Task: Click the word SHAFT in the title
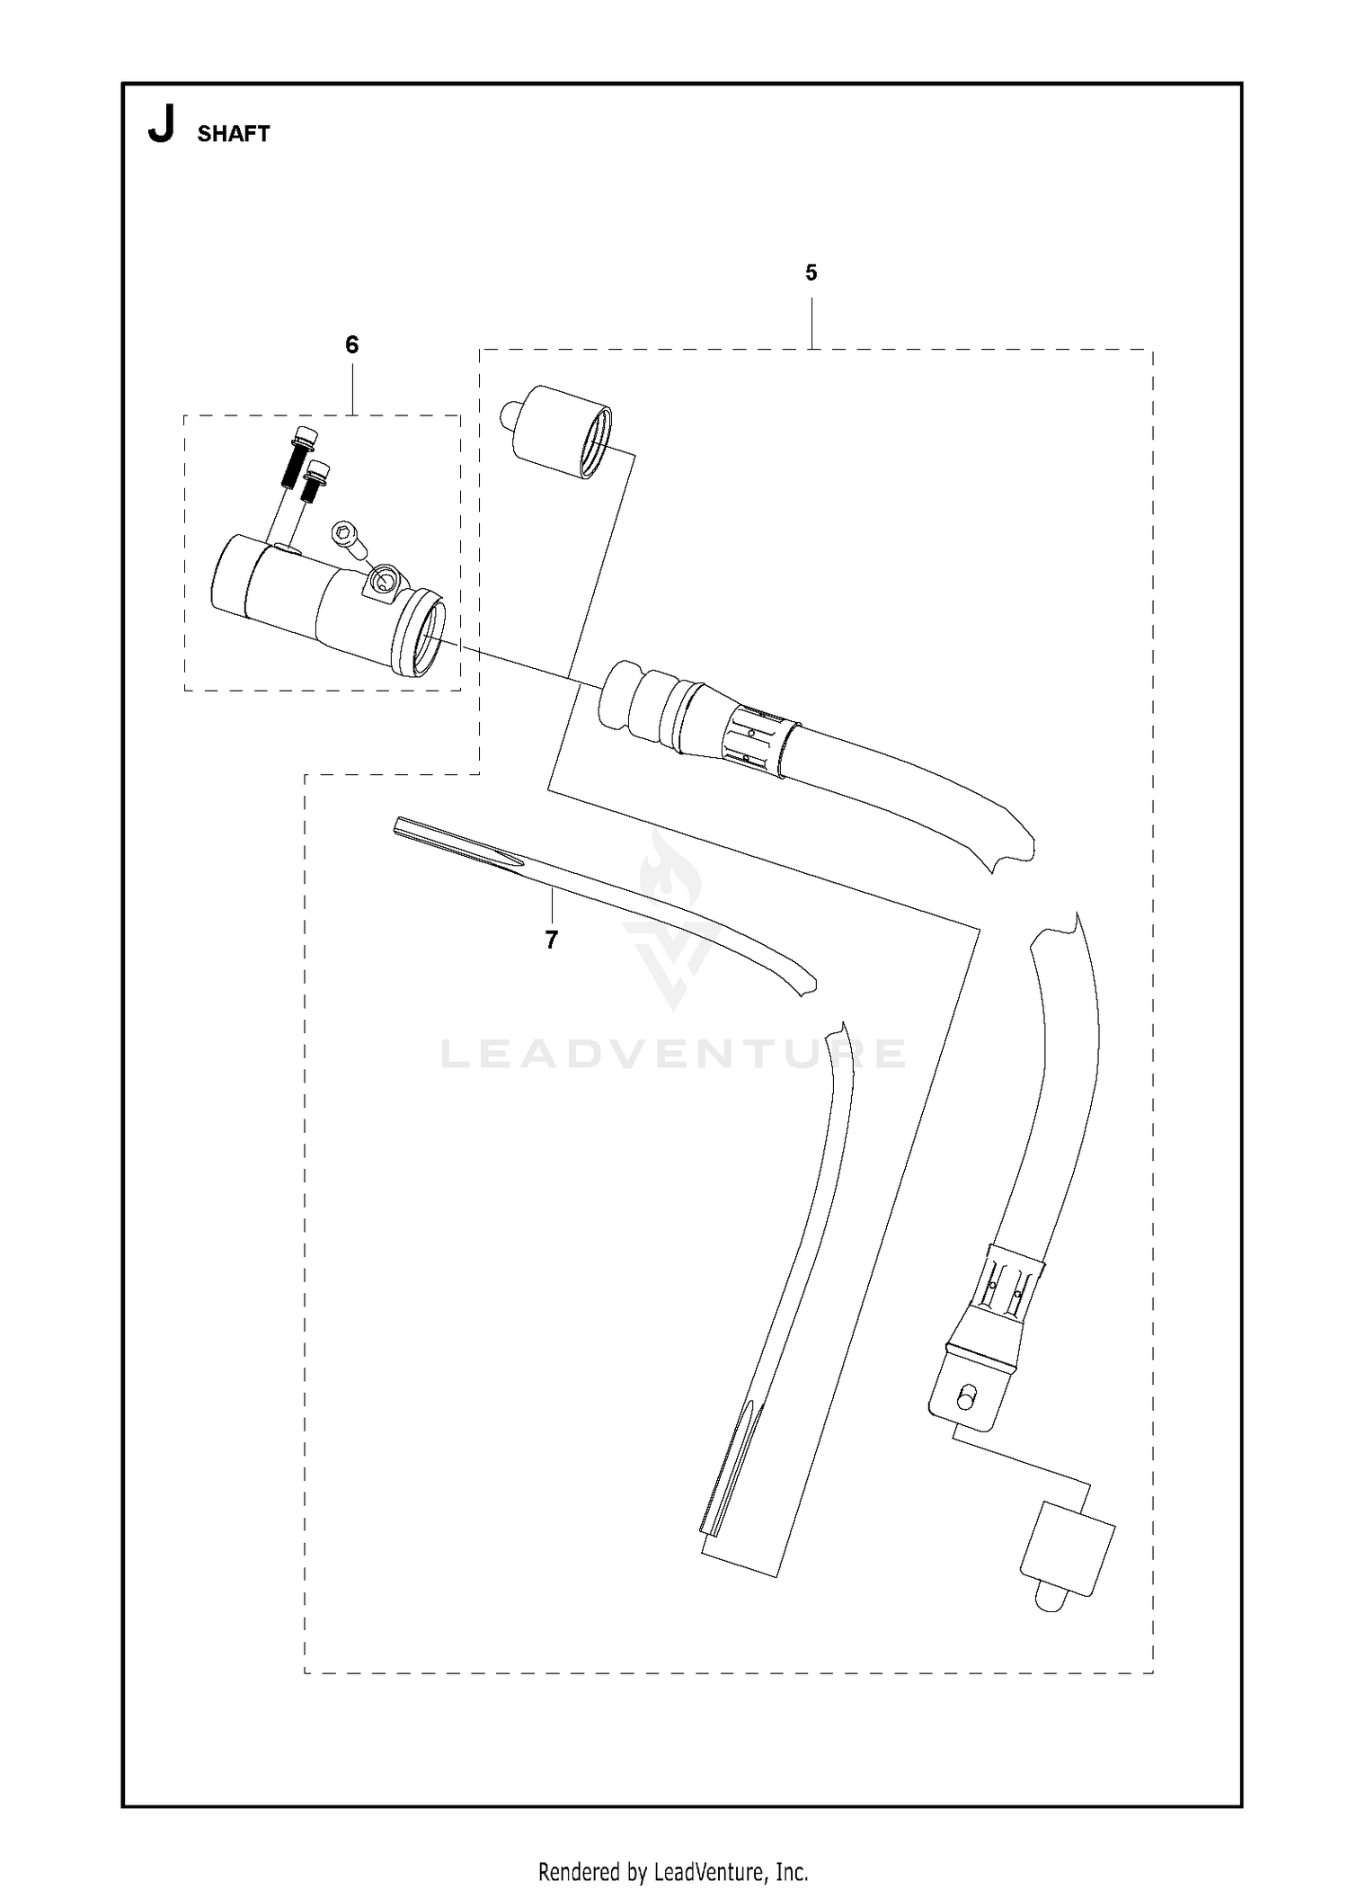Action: (234, 134)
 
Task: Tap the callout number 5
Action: (811, 273)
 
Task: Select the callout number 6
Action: (351, 345)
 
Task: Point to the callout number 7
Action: (551, 940)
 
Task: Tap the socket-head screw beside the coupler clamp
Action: (349, 540)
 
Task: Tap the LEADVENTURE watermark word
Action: (673, 1053)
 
